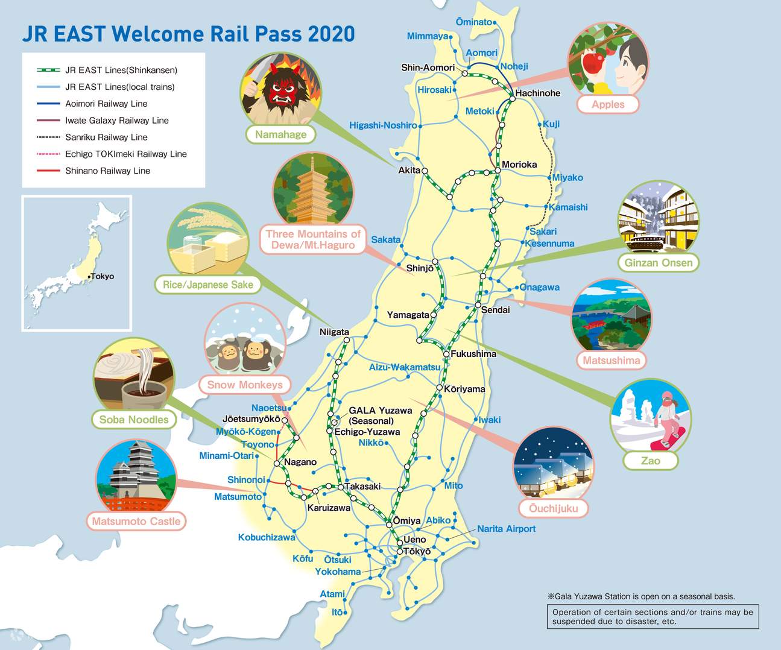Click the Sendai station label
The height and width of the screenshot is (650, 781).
pos(495,310)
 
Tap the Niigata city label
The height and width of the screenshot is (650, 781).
pos(334,332)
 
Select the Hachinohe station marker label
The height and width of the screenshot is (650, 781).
pos(537,93)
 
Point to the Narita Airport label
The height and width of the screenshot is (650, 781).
pos(506,529)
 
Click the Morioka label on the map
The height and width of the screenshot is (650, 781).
pos(519,164)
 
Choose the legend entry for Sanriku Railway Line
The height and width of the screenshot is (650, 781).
pos(106,137)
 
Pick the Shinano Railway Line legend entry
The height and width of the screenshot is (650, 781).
pos(107,171)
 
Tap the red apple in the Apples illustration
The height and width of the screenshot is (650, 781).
pos(594,62)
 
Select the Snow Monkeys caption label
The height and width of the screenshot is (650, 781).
pos(244,385)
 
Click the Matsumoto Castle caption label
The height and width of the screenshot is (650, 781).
pos(136,521)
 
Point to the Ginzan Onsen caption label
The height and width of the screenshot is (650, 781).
pos(658,262)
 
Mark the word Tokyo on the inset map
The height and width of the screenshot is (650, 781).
pos(102,276)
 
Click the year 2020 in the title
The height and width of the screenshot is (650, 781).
pos(331,34)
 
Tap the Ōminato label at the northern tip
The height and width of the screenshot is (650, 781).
pos(474,22)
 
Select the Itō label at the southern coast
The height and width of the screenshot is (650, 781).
pos(337,612)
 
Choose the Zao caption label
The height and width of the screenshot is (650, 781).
pos(650,461)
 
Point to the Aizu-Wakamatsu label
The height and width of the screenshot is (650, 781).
pos(405,367)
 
